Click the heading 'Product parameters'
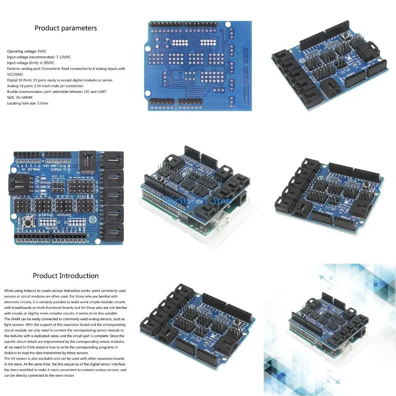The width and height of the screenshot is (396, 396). (x=66, y=28)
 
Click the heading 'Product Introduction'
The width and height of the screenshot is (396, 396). (x=66, y=276)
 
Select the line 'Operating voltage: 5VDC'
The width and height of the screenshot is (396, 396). (x=27, y=51)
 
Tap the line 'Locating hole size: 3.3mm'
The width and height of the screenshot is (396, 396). (x=27, y=103)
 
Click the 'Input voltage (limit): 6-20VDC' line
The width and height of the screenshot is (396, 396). (x=31, y=63)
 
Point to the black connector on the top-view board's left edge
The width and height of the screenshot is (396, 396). (x=17, y=183)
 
